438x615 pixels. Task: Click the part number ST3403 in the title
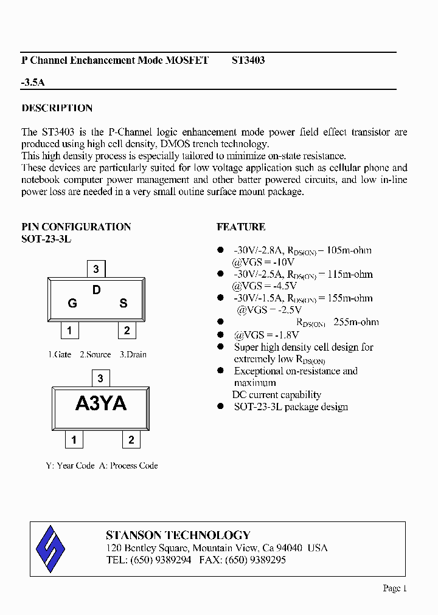pos(248,61)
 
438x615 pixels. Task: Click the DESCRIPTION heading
pos(57,108)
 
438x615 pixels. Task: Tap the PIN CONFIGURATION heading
pos(76,227)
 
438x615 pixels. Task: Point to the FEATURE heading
pos(241,227)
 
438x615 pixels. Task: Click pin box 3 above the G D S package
pos(96,269)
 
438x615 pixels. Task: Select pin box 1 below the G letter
pos(70,331)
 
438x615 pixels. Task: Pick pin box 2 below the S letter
pos(127,331)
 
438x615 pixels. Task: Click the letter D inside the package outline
pos(96,290)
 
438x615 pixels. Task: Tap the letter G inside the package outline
pos(72,303)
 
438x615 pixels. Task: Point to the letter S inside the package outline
pos(123,303)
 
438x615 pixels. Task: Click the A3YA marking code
pos(101,404)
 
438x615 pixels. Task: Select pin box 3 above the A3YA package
pos(100,379)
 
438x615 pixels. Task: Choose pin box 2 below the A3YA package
pos(131,440)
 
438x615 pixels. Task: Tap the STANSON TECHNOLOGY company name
pos(178,535)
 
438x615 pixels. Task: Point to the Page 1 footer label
pos(394,588)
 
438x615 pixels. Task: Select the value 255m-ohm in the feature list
pos(356,322)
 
